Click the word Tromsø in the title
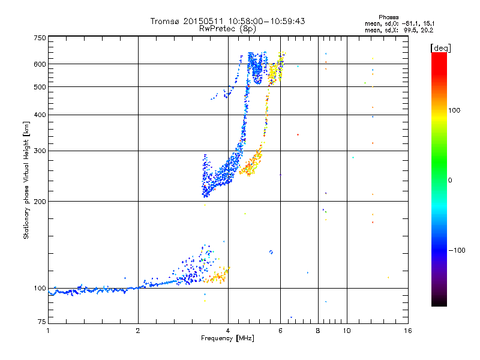[x=164, y=21]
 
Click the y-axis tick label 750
[x=40, y=38]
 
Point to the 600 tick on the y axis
[x=40, y=64]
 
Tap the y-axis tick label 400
[x=40, y=115]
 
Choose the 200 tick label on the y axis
[x=40, y=201]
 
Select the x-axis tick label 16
[x=407, y=331]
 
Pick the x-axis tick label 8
[x=318, y=331]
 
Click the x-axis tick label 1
[x=48, y=331]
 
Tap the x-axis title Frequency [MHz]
[x=227, y=338]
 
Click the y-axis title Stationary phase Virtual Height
[x=26, y=180]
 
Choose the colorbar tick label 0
[x=451, y=180]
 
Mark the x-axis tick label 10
[x=347, y=331]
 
